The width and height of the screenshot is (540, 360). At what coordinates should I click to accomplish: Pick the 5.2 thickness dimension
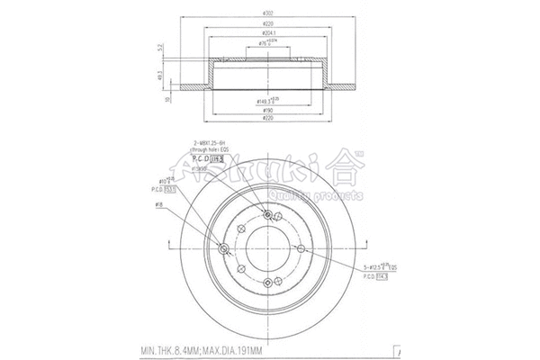[x=160, y=48]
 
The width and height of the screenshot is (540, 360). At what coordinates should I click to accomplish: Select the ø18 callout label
[x=158, y=205]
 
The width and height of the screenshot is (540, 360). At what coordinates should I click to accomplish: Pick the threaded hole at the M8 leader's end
[x=270, y=213]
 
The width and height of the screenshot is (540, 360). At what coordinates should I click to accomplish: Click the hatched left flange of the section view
[x=193, y=85]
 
